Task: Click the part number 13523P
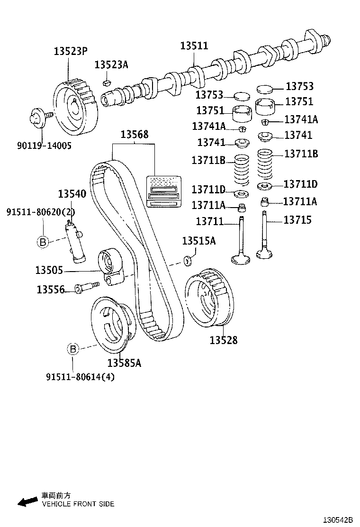(70, 52)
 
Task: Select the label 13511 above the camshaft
(194, 45)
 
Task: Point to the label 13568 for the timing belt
(134, 135)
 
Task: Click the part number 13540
(72, 194)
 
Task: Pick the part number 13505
(49, 271)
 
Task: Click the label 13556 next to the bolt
(50, 290)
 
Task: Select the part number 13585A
(124, 363)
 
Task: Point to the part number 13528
(224, 340)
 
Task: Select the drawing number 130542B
(338, 520)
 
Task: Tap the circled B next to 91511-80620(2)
(43, 242)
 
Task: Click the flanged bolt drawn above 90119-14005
(38, 117)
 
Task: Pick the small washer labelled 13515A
(187, 260)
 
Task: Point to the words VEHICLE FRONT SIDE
(78, 504)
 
